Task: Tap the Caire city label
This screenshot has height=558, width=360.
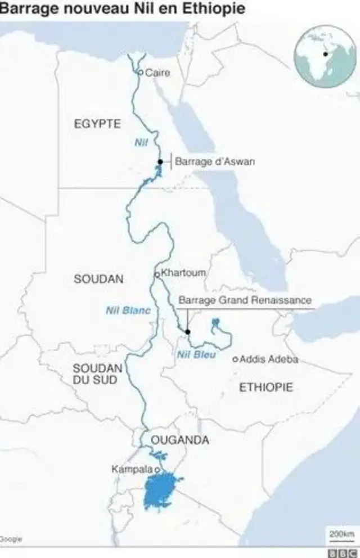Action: coord(157,73)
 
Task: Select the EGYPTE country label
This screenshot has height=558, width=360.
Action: coord(97,124)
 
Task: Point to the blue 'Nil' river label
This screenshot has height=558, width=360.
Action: coord(141,143)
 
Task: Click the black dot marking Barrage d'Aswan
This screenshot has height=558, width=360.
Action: coord(160,161)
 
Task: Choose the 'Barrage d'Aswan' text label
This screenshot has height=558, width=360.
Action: coord(215,161)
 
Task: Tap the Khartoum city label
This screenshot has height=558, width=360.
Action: coord(183,273)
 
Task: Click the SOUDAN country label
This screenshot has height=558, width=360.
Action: coord(98,279)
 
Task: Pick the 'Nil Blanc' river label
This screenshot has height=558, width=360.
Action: coord(128,310)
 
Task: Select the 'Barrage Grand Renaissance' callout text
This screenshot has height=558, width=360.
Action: coord(244,301)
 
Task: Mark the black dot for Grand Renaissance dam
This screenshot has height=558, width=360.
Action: coord(188,332)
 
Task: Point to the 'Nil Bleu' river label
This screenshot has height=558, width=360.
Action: coord(196,354)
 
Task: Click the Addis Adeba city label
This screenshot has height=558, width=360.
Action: coord(269,359)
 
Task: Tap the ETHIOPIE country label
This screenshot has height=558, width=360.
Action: coord(266,387)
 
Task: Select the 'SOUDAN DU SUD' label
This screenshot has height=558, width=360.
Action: coord(98,374)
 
